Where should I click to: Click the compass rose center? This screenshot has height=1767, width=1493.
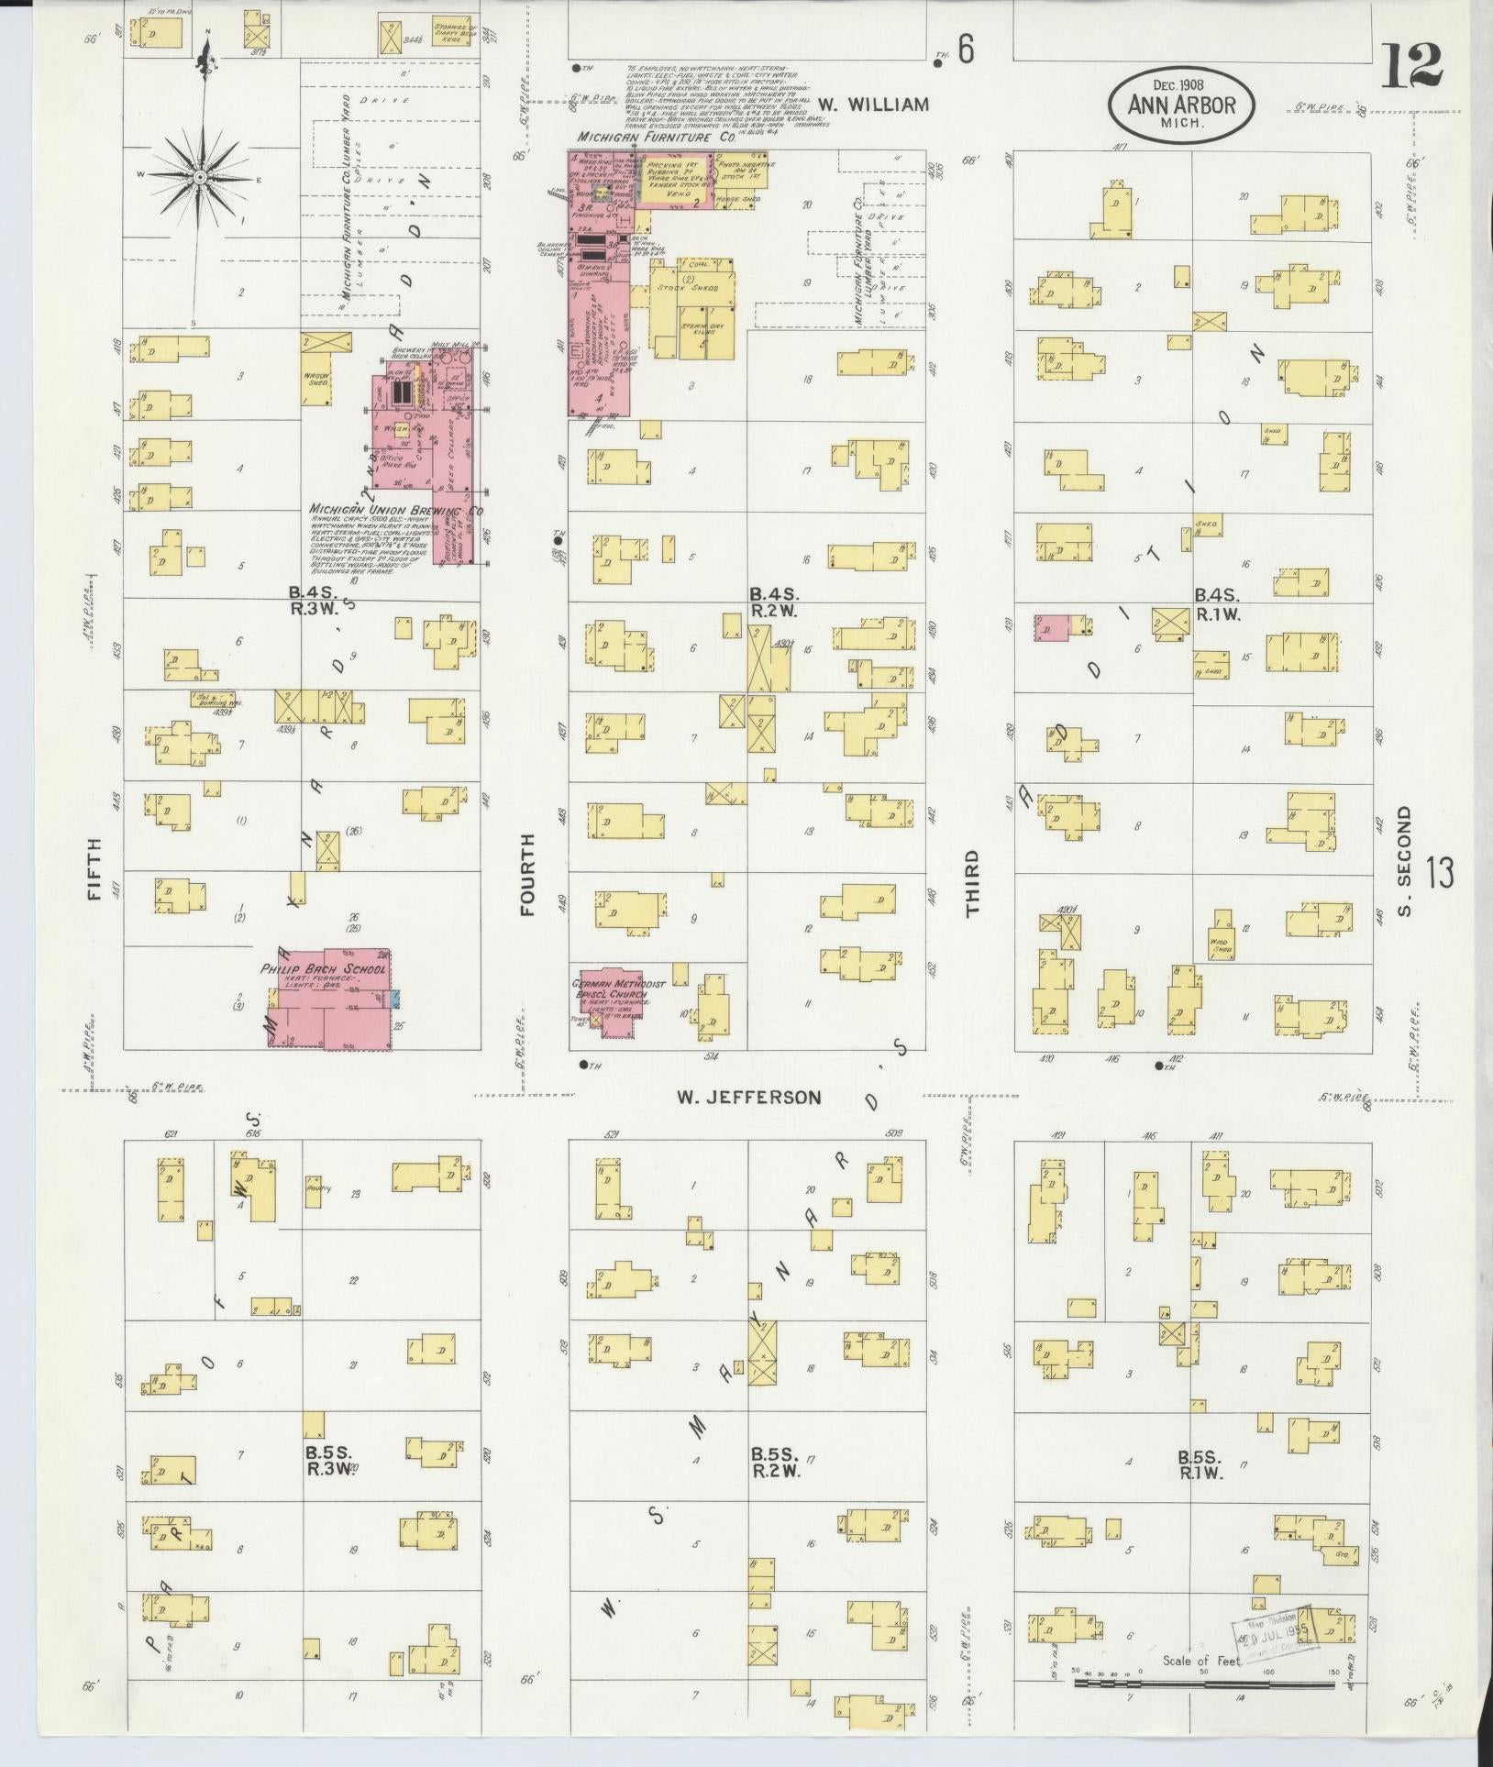pos(199,175)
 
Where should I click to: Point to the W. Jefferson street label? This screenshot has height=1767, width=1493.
pos(748,1097)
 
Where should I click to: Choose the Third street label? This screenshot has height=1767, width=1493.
pos(972,883)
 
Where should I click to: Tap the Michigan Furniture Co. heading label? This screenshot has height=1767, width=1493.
pos(656,137)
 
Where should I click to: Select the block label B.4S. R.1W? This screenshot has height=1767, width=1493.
pos(1218,605)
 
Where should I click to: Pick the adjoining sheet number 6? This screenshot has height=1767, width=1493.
pos(966,52)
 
